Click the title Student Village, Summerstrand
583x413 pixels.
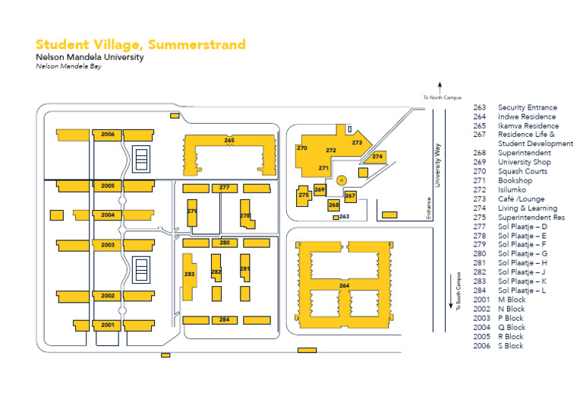[x=140, y=44]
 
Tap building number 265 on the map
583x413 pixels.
[x=229, y=141]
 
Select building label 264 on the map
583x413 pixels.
[x=344, y=285]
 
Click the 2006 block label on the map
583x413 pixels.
[x=108, y=135]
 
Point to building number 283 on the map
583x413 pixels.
[x=190, y=274]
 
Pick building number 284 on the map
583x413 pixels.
[x=225, y=319]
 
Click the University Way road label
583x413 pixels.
[x=437, y=161]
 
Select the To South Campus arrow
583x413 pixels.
[x=452, y=302]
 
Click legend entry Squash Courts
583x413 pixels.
[x=522, y=171]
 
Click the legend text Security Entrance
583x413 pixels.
[x=527, y=107]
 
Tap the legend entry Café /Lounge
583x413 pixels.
[x=522, y=199]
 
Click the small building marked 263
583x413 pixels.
[x=336, y=218]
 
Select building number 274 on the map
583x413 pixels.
[x=377, y=157]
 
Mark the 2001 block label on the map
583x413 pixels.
[x=108, y=325]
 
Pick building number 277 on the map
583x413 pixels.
[x=224, y=187]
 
